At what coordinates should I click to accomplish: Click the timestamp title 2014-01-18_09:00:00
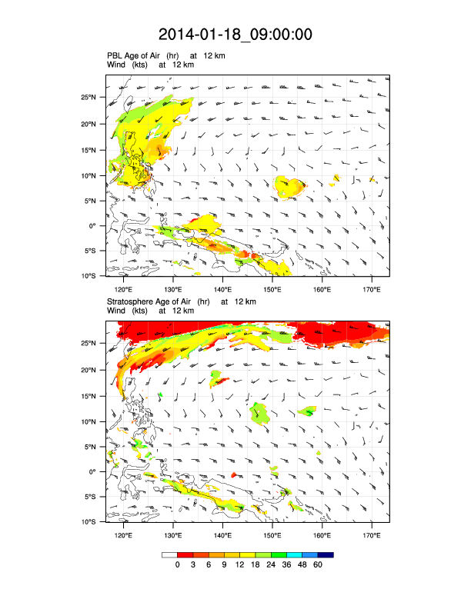point(235,35)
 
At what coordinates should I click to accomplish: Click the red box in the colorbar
point(185,554)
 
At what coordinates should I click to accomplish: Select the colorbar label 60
point(318,565)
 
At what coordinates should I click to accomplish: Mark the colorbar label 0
point(177,565)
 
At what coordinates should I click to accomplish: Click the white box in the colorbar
point(169,554)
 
